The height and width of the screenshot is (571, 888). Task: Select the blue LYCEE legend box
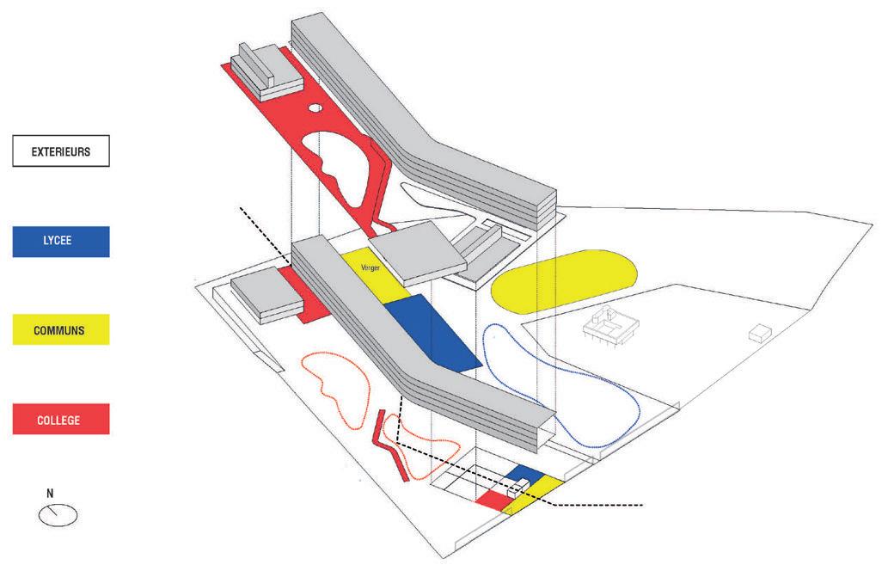coord(61,242)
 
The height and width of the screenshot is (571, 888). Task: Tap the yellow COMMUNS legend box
coord(61,329)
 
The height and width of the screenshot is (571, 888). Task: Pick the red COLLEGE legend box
coord(61,419)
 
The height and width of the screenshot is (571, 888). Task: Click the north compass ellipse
coord(58,515)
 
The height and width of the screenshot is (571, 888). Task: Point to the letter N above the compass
coord(51,494)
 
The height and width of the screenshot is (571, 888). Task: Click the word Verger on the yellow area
coord(371,268)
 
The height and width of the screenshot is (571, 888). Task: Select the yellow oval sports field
coord(564,282)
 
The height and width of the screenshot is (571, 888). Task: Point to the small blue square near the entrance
coord(527,476)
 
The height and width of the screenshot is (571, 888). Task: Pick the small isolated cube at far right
coord(760,333)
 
